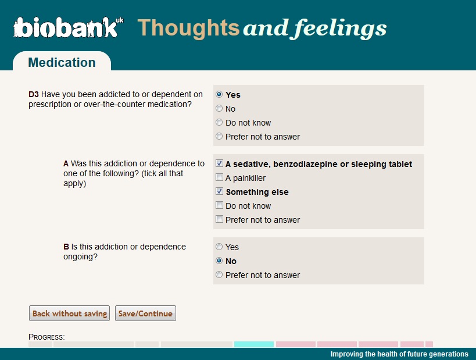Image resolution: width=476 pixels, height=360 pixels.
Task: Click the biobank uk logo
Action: pyautogui.click(x=69, y=27)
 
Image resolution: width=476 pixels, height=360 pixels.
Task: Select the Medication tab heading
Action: pyautogui.click(x=62, y=62)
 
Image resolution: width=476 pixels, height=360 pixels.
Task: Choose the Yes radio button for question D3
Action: pyautogui.click(x=219, y=94)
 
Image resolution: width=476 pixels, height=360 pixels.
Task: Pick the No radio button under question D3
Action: pyautogui.click(x=219, y=108)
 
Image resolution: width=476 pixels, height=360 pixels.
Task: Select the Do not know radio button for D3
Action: pyautogui.click(x=219, y=123)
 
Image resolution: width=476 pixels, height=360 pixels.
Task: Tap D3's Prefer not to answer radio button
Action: pyautogui.click(x=219, y=137)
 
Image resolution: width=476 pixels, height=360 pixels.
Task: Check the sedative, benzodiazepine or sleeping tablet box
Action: pyautogui.click(x=219, y=163)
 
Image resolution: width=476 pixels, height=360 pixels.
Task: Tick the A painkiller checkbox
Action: pyautogui.click(x=219, y=177)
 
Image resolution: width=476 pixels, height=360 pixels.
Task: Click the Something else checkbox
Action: pyautogui.click(x=219, y=191)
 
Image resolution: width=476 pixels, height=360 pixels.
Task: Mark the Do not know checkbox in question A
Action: pyautogui.click(x=219, y=205)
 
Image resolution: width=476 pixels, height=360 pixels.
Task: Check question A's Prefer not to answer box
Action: pyautogui.click(x=219, y=219)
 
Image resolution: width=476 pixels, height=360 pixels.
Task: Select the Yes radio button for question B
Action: pyautogui.click(x=219, y=247)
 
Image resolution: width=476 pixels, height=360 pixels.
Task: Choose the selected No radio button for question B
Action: pyautogui.click(x=219, y=261)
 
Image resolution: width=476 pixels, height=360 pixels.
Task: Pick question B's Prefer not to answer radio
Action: pyautogui.click(x=219, y=275)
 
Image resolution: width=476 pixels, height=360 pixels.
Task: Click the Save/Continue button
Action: pyautogui.click(x=145, y=313)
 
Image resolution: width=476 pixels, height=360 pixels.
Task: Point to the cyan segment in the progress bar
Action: pyautogui.click(x=254, y=344)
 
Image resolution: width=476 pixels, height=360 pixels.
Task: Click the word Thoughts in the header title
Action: pyautogui.click(x=188, y=28)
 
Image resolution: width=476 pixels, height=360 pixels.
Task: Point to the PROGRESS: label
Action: pyautogui.click(x=46, y=337)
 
